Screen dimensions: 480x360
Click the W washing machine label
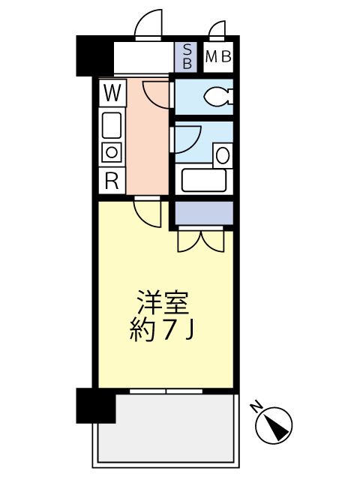click(x=112, y=94)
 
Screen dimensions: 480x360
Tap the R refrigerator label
click(x=112, y=180)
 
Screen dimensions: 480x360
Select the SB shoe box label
click(x=187, y=56)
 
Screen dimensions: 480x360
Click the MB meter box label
click(x=217, y=56)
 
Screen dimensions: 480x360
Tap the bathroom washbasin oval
click(x=223, y=156)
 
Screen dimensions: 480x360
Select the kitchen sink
click(x=112, y=123)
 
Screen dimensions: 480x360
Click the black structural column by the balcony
click(x=96, y=406)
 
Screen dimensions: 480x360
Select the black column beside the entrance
click(x=93, y=55)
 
